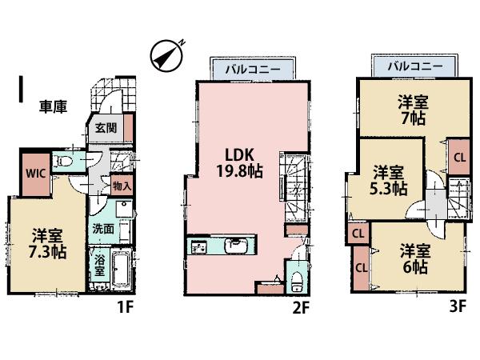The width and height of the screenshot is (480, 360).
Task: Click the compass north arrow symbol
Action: pos(166,53)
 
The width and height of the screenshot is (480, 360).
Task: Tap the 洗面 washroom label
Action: pos(102,227)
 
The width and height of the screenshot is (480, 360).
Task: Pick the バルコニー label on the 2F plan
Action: pos(251,70)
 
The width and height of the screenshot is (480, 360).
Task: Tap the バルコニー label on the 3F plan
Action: pos(415,67)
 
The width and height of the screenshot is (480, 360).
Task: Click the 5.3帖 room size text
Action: pos(390,180)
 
